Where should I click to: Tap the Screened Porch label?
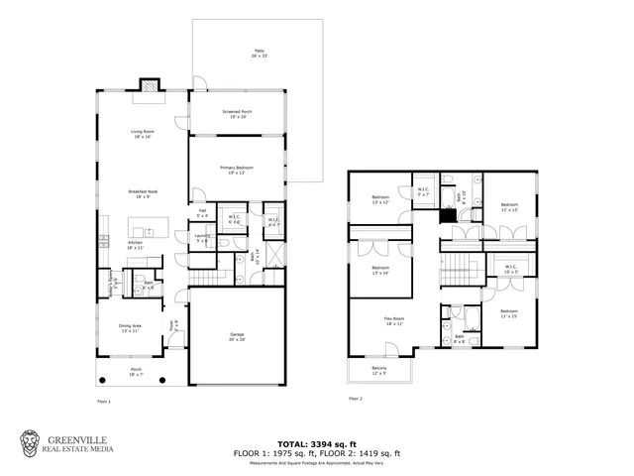(x=237, y=114)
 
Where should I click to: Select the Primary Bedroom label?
(x=237, y=171)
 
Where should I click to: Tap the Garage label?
(x=236, y=336)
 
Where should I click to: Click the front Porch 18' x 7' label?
(x=136, y=373)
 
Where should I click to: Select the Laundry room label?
(x=202, y=238)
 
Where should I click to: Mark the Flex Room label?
(x=394, y=321)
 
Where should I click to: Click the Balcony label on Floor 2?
(x=379, y=372)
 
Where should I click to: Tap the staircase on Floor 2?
(x=457, y=266)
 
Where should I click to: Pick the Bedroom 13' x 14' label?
(x=381, y=271)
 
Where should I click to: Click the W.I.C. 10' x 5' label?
(x=510, y=268)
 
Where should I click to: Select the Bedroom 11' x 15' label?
(x=510, y=315)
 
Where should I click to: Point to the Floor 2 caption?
(x=356, y=399)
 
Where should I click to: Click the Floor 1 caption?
(x=104, y=402)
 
